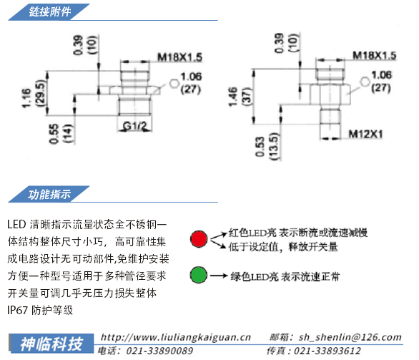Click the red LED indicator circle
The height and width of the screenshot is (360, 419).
coord(199,238)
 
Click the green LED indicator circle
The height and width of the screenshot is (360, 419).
coord(199,275)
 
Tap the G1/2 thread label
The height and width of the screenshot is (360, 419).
coord(135,125)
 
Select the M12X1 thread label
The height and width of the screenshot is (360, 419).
coord(365,134)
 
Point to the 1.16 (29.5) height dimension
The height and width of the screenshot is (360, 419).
coord(34,94)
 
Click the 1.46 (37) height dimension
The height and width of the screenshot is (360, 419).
coord(240,97)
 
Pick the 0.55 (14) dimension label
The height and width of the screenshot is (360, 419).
coord(61,134)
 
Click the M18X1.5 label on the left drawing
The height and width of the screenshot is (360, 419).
coord(180,57)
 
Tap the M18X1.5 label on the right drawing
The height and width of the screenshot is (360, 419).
coord(375,55)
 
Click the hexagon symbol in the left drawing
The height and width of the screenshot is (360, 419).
coord(174,84)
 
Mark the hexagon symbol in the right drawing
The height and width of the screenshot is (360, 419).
coord(365,82)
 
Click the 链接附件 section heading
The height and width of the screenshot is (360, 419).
coord(50,12)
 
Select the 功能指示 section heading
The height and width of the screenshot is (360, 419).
coord(50,194)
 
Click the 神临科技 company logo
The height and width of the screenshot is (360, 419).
coord(51,344)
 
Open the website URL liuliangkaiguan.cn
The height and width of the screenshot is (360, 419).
coord(176,337)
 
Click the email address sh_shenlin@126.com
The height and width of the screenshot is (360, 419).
coord(350,337)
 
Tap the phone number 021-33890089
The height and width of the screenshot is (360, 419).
coord(159,351)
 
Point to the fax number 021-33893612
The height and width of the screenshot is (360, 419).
coord(327,351)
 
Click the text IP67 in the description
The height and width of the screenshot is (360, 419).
coord(17,310)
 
